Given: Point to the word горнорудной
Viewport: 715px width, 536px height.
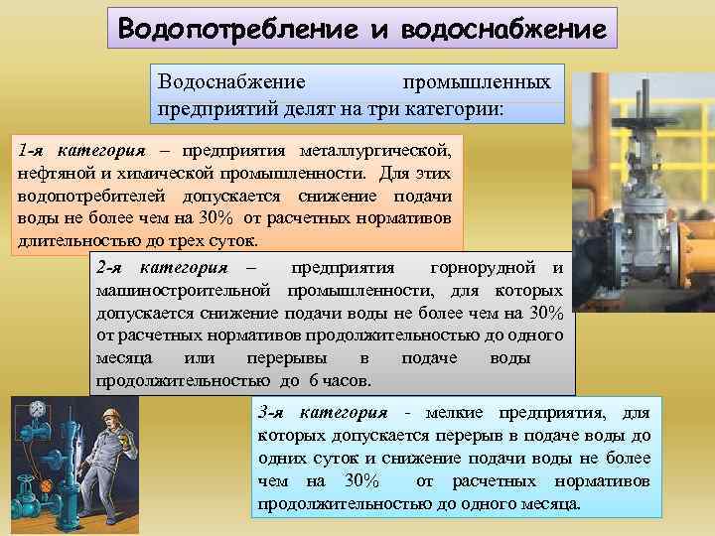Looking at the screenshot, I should click(482, 268).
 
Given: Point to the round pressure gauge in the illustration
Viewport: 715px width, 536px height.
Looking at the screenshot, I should click(38, 408).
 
